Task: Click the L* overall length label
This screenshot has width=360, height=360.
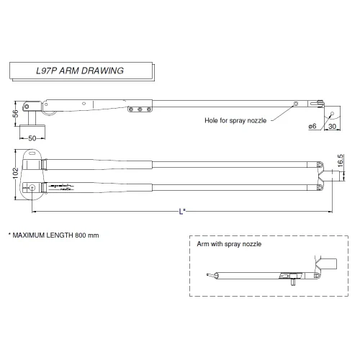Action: click(182, 211)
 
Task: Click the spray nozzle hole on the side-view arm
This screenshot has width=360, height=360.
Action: click(295, 106)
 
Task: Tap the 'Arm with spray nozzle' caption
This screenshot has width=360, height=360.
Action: click(229, 244)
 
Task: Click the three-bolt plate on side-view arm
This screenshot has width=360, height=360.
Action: click(139, 109)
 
